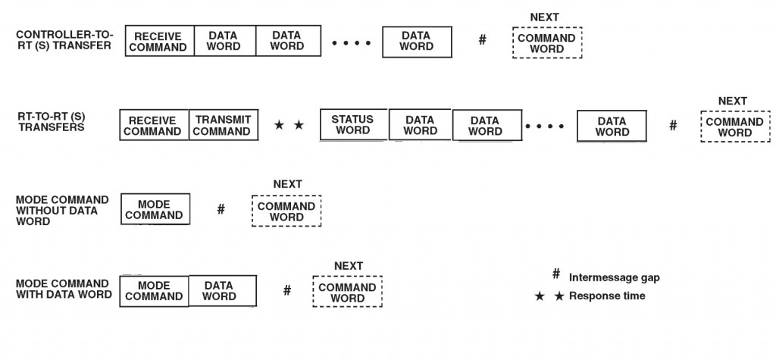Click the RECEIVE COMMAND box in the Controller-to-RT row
click(159, 42)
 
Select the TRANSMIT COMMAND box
click(222, 126)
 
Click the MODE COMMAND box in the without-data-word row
click(154, 209)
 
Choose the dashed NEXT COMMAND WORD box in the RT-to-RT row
click(734, 127)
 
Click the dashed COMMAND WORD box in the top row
click(546, 43)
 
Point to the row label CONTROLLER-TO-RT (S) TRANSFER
click(64, 39)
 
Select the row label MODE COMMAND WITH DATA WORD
click(64, 288)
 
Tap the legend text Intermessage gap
click(615, 277)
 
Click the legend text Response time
click(607, 296)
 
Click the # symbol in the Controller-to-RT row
click(482, 39)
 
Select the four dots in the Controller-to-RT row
click(352, 43)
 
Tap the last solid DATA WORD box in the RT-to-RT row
click(612, 127)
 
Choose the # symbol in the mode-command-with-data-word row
click(287, 290)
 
